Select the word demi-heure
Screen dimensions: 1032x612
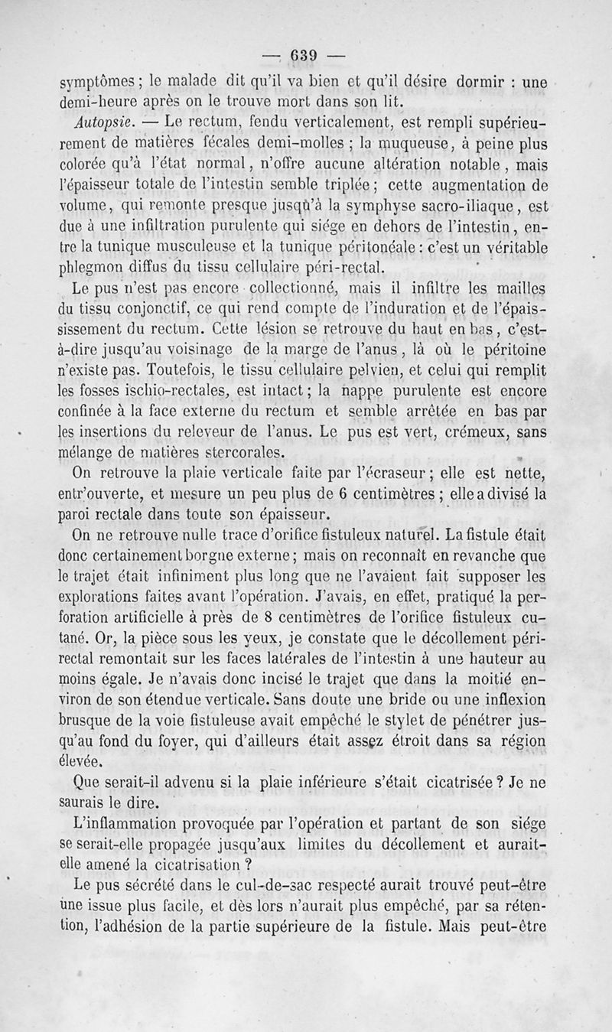[99, 103]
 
